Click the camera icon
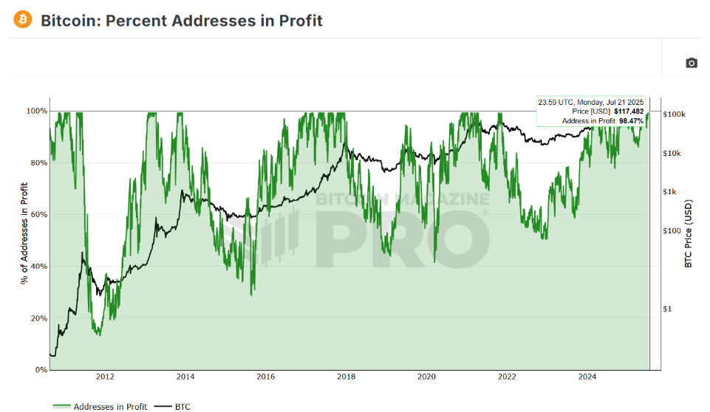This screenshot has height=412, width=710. tap(691, 63)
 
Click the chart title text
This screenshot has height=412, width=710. tap(182, 21)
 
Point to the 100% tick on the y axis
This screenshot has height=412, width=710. tap(38, 111)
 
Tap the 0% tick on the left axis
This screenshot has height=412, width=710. tap(41, 370)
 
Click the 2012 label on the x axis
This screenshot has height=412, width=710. tap(105, 377)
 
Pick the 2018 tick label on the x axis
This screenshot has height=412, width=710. tap(346, 377)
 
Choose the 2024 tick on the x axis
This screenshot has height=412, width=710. tap(587, 377)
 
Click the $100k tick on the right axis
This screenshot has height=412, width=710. tap(675, 114)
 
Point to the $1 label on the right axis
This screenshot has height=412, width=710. tap(669, 309)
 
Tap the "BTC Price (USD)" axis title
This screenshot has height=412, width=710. tap(689, 233)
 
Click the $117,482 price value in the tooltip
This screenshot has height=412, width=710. tap(628, 111)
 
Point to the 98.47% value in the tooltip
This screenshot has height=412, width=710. tap(631, 120)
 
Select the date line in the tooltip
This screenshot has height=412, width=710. tap(591, 102)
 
